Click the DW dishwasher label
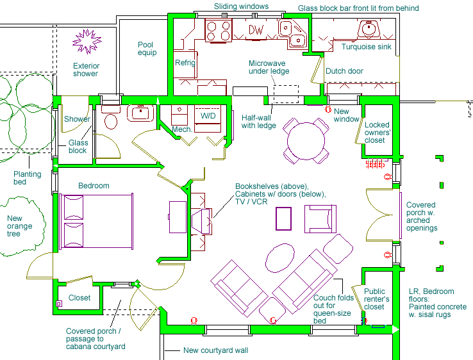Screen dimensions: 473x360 click(x=256, y=29)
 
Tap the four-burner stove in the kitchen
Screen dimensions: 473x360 click(x=219, y=31)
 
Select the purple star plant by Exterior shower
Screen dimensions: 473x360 click(x=87, y=41)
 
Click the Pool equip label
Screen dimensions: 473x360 click(x=147, y=49)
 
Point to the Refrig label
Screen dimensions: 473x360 click(x=185, y=63)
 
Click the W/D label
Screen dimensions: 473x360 click(x=208, y=115)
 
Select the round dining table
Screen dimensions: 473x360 click(x=306, y=141)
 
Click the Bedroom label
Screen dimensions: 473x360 click(x=94, y=185)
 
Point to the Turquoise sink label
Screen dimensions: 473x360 click(x=366, y=47)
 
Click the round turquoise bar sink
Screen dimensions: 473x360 click(x=369, y=29)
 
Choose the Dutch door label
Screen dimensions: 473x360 click(x=344, y=71)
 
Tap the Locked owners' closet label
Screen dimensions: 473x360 click(x=378, y=133)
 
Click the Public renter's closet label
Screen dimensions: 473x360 click(x=376, y=299)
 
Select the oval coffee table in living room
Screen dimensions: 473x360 click(x=280, y=258)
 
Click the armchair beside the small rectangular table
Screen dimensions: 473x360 click(x=320, y=219)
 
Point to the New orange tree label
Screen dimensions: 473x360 click(x=19, y=226)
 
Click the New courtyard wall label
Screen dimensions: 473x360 click(x=216, y=350)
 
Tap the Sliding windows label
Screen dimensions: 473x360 click(x=242, y=6)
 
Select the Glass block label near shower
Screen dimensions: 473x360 click(x=78, y=147)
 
